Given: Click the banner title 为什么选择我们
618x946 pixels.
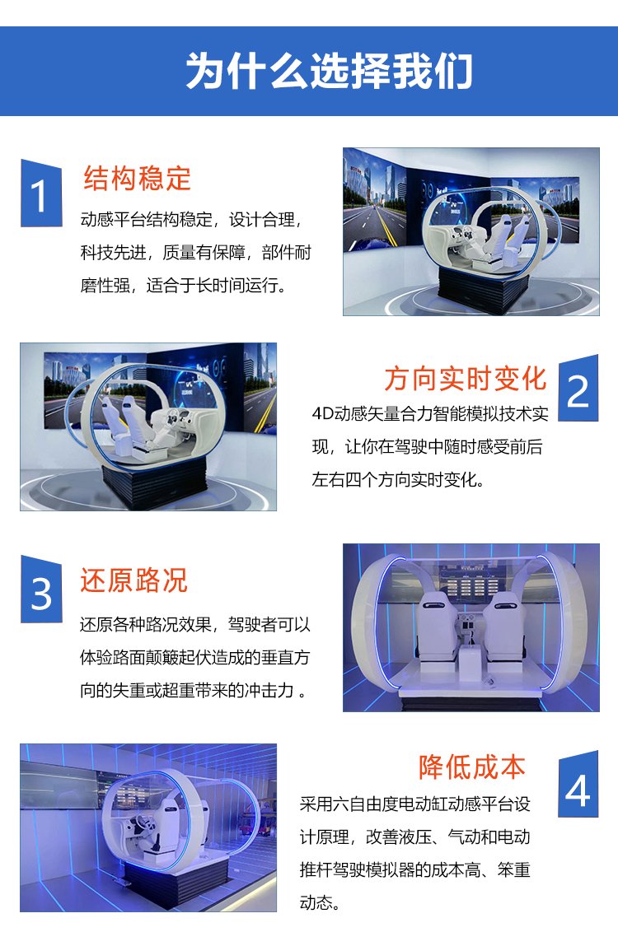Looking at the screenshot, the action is (329, 71).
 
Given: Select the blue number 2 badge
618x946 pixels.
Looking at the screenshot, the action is (578, 388).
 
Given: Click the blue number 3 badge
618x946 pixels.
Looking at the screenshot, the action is (41, 590).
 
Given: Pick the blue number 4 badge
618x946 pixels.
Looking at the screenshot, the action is (578, 785).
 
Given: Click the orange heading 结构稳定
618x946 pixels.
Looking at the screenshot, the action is (137, 179).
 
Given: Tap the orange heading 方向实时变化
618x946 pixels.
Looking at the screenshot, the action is (466, 379).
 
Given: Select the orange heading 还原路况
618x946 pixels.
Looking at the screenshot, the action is (134, 580).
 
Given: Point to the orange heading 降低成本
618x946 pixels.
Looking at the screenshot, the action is (472, 767).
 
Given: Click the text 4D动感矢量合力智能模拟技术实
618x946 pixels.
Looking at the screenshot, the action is (430, 414).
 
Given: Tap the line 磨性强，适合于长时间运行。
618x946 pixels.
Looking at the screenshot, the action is (183, 286).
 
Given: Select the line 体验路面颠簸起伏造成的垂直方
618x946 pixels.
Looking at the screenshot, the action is (194, 657).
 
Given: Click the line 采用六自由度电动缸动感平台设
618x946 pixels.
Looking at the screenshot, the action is (415, 804).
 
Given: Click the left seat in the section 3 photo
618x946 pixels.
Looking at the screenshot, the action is (436, 627).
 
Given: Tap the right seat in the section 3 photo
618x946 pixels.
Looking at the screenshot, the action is (503, 627).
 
